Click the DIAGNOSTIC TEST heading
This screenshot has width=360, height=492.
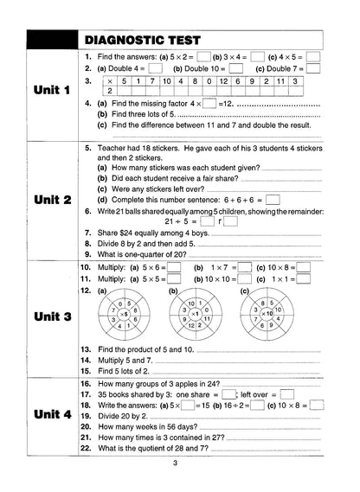144,39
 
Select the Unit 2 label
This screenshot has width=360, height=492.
51,200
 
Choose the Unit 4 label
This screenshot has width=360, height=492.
51,416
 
